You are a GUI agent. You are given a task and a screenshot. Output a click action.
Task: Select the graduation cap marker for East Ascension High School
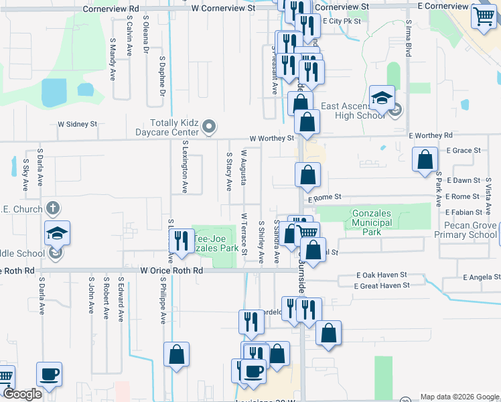pos(382,98)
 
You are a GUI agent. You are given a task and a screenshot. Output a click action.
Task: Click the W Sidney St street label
pos(78,124)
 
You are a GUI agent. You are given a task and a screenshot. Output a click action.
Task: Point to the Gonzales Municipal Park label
pos(372,223)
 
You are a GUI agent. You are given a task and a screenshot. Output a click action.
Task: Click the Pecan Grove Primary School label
pos(465,230)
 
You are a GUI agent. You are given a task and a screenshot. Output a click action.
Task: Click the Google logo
pos(22,395)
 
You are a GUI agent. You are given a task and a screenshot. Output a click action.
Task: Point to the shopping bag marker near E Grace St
pos(425,159)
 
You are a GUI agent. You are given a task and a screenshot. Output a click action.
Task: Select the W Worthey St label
pos(272,139)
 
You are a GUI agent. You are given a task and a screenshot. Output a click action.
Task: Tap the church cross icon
pos(53,209)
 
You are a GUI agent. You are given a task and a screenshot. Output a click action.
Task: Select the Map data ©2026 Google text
pos(459,397)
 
